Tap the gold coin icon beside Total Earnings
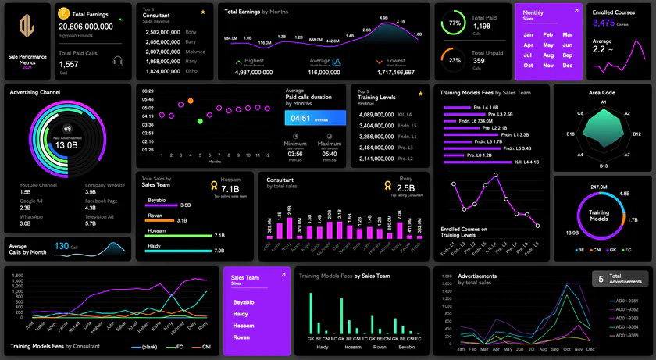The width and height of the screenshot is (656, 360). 63,13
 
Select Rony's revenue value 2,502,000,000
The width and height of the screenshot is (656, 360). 163,32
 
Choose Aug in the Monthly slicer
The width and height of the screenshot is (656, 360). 547,55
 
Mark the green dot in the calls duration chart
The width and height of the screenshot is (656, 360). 200,121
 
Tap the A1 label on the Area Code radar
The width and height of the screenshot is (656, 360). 603,102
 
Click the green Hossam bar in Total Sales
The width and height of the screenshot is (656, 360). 178,234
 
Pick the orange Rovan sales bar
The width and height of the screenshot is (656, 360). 159,220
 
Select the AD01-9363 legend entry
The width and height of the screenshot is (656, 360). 622,319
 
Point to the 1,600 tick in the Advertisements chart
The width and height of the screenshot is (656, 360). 449,289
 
